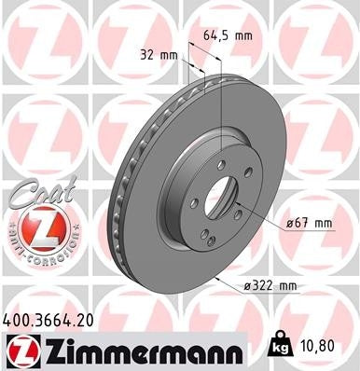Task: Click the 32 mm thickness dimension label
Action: click(157, 54)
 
